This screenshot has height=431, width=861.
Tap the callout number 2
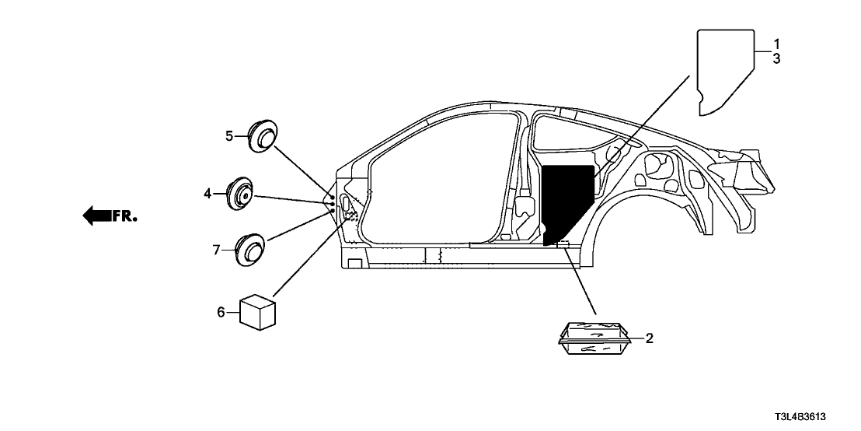coord(650,338)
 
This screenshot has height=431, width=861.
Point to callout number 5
coord(229,136)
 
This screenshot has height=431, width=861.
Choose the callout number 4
coord(208,193)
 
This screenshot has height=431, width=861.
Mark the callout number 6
coord(221,313)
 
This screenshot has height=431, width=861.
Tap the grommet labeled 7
coord(250,248)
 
